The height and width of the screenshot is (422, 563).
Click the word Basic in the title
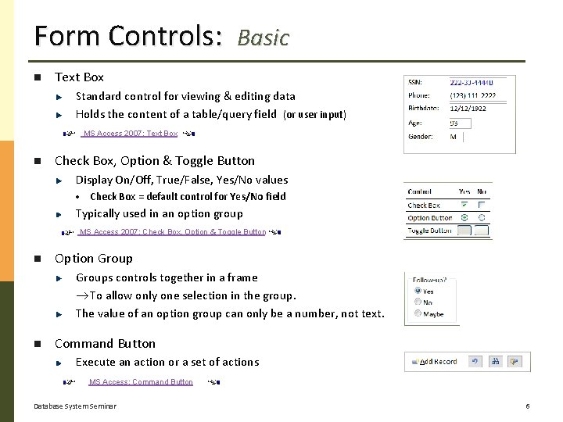(x=264, y=38)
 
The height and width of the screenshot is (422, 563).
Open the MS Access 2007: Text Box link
(x=131, y=134)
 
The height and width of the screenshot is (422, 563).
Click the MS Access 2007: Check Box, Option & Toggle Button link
(x=173, y=232)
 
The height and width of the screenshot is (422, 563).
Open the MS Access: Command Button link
(x=141, y=382)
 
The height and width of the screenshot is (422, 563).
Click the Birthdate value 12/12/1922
(x=468, y=109)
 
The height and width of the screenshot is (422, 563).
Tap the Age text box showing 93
(x=459, y=123)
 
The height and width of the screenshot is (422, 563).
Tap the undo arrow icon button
(x=475, y=362)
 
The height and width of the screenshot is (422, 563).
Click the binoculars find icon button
(x=495, y=362)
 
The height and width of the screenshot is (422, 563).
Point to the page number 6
(x=528, y=406)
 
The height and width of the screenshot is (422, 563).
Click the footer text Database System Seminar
(x=75, y=406)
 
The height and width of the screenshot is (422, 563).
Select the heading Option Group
(x=94, y=259)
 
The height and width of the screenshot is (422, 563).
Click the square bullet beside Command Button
(x=36, y=344)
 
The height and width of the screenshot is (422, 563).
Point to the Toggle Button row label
(x=429, y=231)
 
